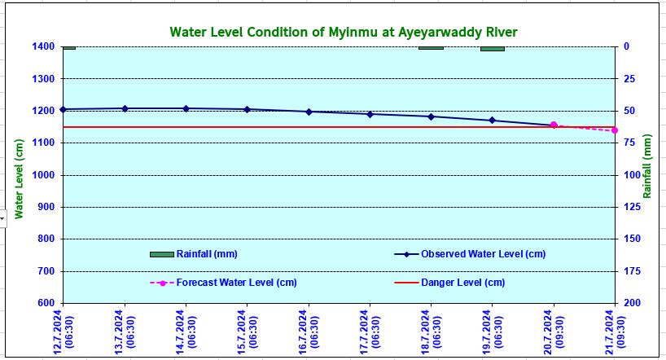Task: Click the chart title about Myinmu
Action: click(x=344, y=32)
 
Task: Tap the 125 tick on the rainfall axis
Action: click(x=629, y=207)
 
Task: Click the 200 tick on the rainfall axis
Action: click(x=629, y=303)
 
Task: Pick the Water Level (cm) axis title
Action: click(x=17, y=174)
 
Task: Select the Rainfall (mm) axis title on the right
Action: click(x=647, y=166)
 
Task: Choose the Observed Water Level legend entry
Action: click(x=483, y=254)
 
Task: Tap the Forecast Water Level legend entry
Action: click(x=236, y=283)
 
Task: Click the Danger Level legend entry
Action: click(x=462, y=283)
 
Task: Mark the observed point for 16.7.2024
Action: click(x=309, y=112)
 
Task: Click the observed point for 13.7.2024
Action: click(x=125, y=108)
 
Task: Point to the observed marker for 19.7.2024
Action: click(x=492, y=121)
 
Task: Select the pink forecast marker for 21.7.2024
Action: click(x=615, y=130)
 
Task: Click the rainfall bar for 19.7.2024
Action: click(x=492, y=49)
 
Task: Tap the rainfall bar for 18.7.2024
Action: click(x=431, y=48)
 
